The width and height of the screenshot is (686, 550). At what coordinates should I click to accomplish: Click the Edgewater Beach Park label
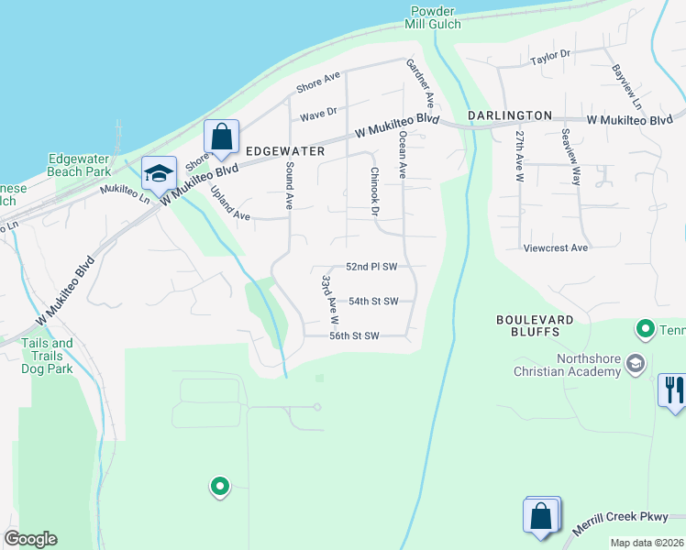[x=79, y=164]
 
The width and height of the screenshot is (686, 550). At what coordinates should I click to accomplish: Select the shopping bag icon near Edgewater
[x=221, y=137]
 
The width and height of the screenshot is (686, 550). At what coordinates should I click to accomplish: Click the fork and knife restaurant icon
[x=672, y=390]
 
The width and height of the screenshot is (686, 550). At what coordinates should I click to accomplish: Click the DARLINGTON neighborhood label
[x=510, y=115]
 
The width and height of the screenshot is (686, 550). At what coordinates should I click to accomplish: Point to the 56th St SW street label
[x=355, y=335]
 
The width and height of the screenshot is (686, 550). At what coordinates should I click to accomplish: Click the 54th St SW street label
[x=373, y=301]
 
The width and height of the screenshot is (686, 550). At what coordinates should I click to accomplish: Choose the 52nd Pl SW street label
[x=371, y=267]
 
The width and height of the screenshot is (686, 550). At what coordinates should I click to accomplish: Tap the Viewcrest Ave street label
[x=555, y=247]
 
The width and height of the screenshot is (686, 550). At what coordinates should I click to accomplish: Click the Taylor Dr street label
[x=550, y=55]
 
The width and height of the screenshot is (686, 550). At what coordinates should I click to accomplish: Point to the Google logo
[x=30, y=539]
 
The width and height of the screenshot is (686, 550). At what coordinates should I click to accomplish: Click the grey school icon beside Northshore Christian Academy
[x=634, y=366]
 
